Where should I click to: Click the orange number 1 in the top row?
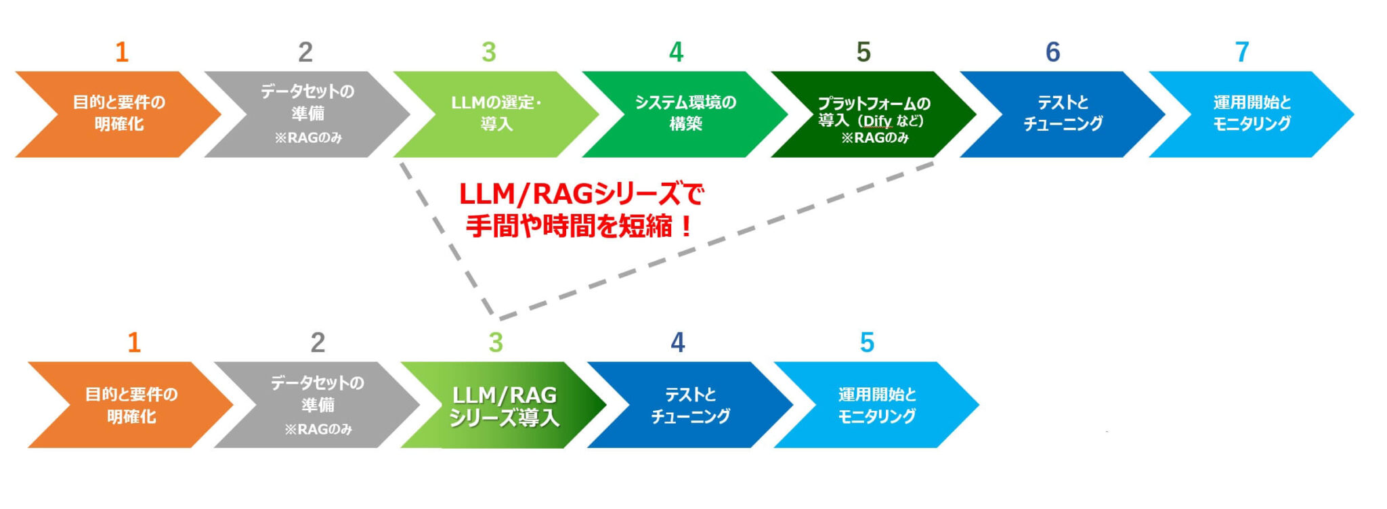pos(122,52)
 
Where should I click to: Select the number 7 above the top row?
pos(1241,52)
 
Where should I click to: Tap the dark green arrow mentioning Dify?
pos(873,115)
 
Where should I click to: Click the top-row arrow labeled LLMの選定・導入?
pos(496,114)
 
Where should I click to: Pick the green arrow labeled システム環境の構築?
pos(685,114)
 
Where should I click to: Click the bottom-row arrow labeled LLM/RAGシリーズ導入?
pos(504,405)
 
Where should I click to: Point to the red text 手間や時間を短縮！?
pos(580,226)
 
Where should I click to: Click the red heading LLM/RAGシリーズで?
pos(581,194)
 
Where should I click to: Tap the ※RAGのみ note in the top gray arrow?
pos(308,138)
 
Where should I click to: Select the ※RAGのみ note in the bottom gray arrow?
pos(318,429)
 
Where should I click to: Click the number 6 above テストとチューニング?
pos(1052,52)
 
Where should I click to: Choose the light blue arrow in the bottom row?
pos(876,405)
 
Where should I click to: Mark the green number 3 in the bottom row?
pos(496,342)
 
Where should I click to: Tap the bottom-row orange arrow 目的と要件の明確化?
pos(131,405)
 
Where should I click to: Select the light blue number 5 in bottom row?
pos(867,342)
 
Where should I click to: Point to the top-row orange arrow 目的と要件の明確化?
pos(119,114)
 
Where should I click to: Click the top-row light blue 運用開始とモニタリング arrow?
pos(1251,114)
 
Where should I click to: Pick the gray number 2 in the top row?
pos(305,52)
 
